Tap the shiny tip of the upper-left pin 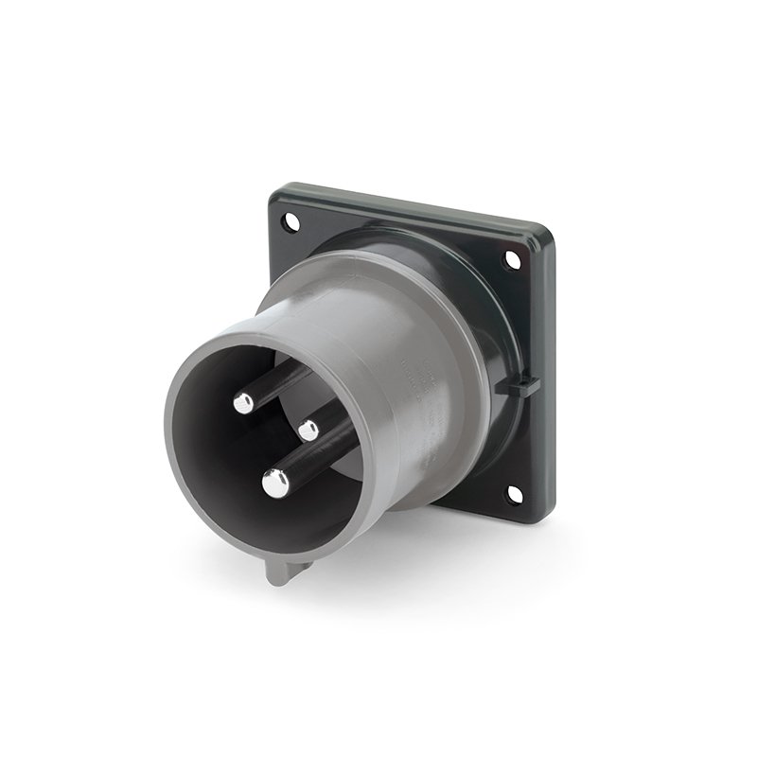pyautogui.click(x=243, y=404)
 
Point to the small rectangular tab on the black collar pyautogui.click(x=525, y=385)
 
